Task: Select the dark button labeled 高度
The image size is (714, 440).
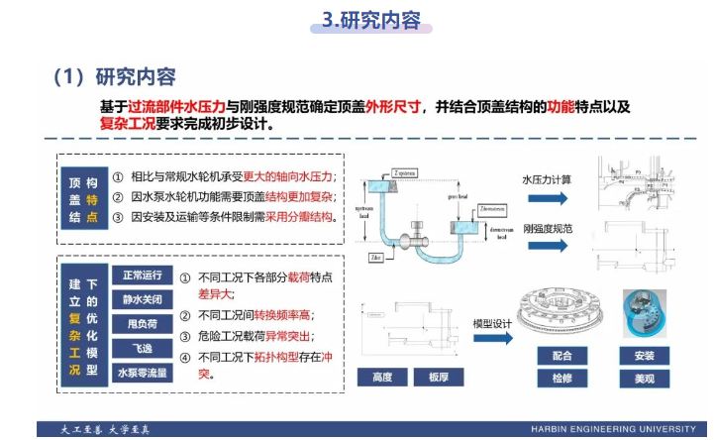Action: (x=382, y=378)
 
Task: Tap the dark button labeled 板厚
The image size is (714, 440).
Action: (x=439, y=378)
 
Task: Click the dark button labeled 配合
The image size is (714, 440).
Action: (x=561, y=356)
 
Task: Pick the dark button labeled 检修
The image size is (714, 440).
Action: (x=561, y=379)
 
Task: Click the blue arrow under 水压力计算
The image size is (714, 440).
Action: (x=547, y=198)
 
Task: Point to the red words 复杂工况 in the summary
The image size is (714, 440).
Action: (x=131, y=126)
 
